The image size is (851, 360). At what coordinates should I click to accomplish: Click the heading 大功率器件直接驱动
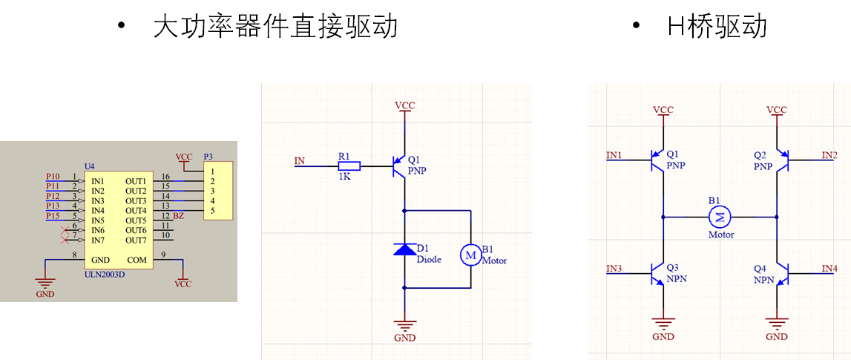tap(275, 27)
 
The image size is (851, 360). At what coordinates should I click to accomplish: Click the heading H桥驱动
tap(717, 27)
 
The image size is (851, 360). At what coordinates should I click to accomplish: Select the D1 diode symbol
tap(404, 249)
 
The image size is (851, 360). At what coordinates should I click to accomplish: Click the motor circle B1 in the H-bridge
tap(720, 217)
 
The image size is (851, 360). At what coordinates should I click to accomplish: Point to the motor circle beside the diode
tap(470, 255)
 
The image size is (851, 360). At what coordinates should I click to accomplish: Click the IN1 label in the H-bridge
tap(614, 155)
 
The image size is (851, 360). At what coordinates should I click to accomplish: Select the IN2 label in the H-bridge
tap(829, 155)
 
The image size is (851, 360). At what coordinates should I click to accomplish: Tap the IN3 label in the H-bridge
tap(614, 268)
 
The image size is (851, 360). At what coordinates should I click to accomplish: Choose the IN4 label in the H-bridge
tap(829, 268)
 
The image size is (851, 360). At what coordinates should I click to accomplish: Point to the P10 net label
tap(53, 176)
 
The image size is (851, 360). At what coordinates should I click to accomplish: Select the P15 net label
tap(53, 216)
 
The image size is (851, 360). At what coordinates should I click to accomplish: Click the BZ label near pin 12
tap(178, 216)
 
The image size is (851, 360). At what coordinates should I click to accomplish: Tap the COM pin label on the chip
tap(137, 260)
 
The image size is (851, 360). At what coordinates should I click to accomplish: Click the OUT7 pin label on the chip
tap(136, 240)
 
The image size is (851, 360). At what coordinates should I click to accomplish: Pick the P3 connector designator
tap(208, 157)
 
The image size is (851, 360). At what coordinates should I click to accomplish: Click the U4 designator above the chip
tap(89, 165)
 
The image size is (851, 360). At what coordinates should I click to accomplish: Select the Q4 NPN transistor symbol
tap(781, 274)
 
